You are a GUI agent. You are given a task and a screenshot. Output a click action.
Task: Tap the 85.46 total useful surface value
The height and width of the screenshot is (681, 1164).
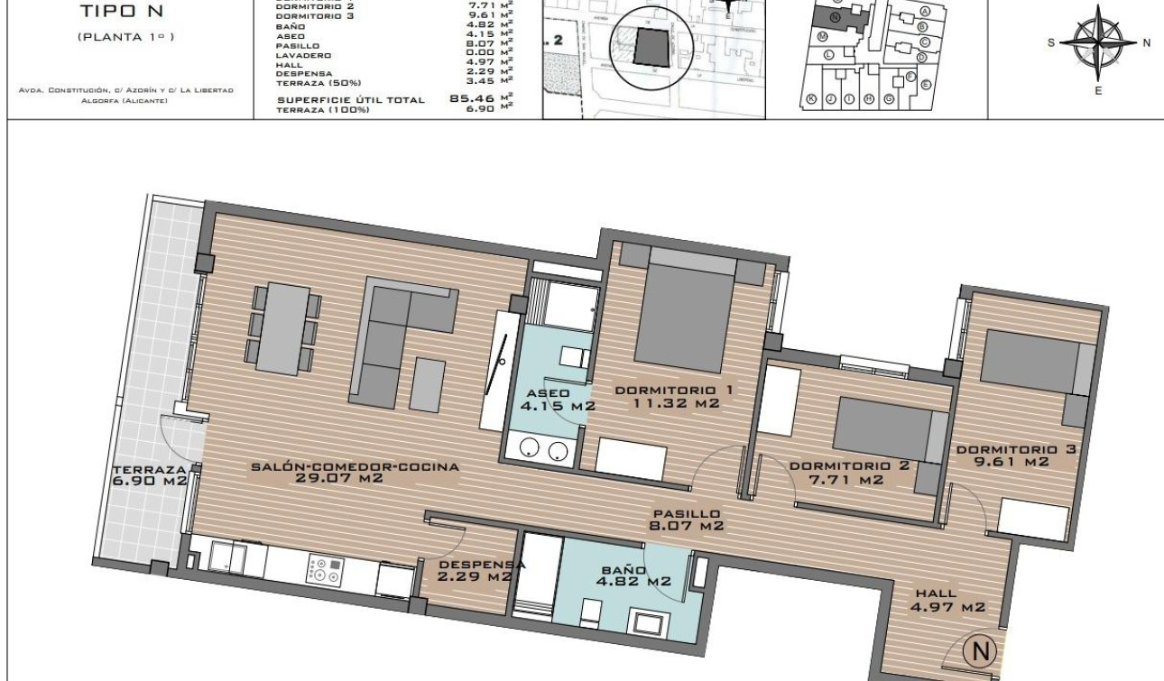tap(473, 99)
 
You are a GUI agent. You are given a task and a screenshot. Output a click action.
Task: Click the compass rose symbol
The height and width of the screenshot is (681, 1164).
tap(1097, 42)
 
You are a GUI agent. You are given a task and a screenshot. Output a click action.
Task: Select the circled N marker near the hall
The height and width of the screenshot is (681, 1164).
tap(980, 650)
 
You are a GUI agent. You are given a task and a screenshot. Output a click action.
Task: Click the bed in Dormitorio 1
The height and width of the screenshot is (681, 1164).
tap(688, 311)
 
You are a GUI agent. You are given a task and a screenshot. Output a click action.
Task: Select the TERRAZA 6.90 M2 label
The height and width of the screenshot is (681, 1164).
tap(150, 475)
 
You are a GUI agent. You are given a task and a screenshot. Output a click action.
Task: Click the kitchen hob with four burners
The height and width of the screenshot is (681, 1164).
tap(325, 570)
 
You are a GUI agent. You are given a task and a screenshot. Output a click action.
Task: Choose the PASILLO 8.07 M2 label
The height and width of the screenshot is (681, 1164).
tap(688, 520)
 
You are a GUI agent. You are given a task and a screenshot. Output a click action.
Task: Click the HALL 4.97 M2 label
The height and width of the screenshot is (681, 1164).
tap(947, 601)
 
